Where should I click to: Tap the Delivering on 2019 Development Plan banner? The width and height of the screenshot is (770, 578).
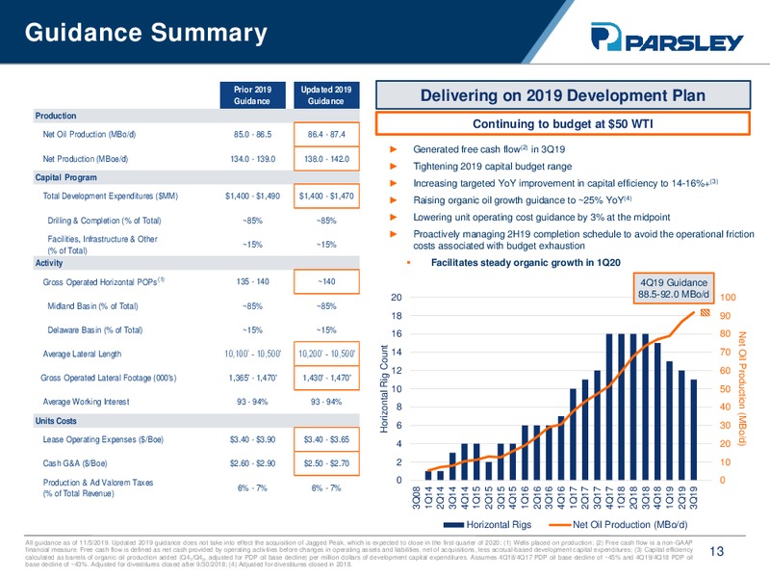563,95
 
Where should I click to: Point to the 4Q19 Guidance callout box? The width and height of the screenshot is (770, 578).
676,286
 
